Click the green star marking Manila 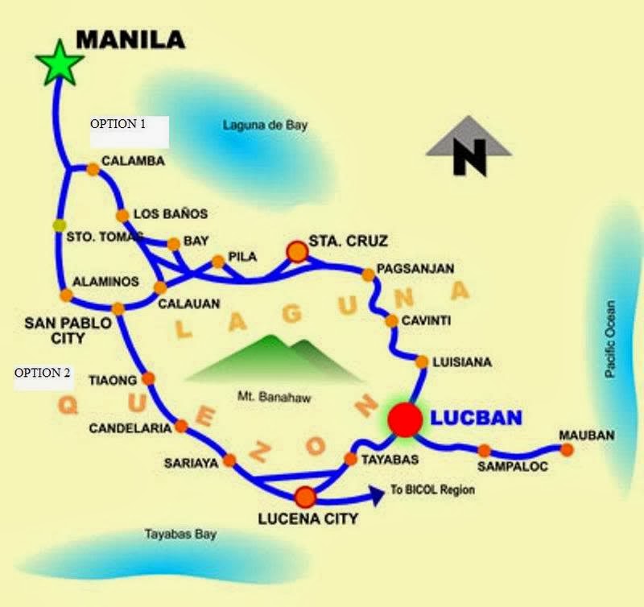click(x=60, y=63)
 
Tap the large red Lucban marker click(x=404, y=419)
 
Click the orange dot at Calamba click(x=93, y=169)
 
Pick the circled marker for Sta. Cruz click(x=298, y=253)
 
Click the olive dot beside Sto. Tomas click(x=58, y=225)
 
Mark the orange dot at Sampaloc click(x=484, y=451)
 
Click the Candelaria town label click(x=130, y=427)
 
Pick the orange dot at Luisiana click(x=422, y=362)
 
